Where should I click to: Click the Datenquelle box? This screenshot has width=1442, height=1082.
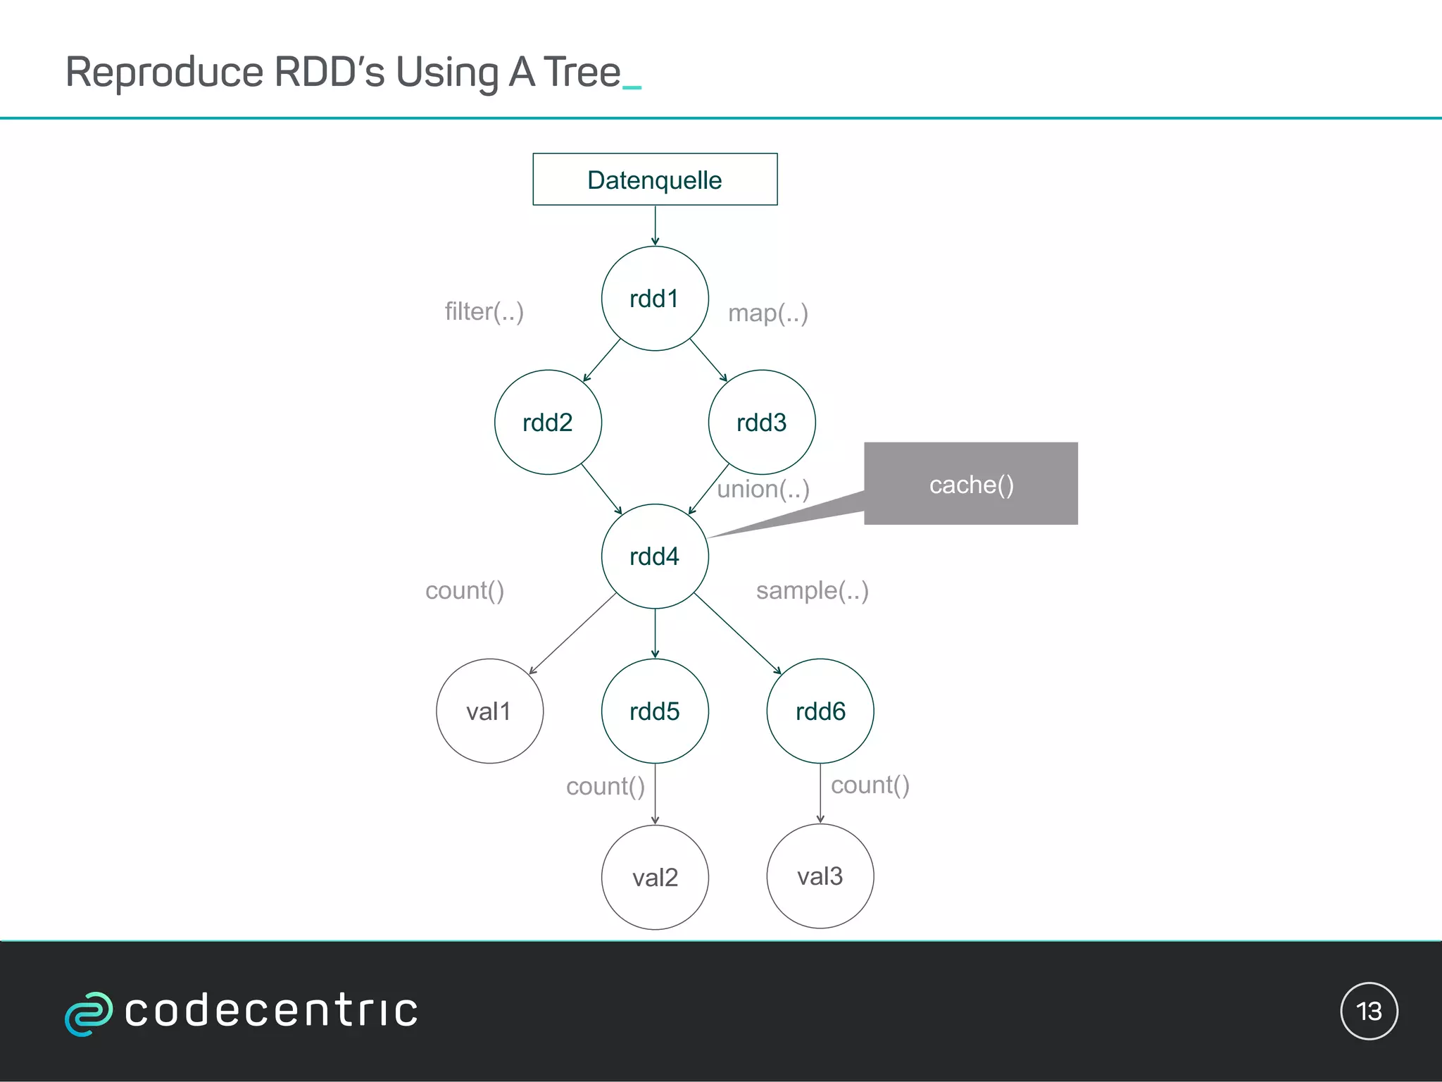(655, 179)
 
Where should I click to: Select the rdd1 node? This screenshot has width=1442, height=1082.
(655, 298)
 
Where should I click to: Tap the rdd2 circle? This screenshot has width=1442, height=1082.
(548, 422)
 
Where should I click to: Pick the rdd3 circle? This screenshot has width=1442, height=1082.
(762, 422)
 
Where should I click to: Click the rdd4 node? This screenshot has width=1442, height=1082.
(655, 556)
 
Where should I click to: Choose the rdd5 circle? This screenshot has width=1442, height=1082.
(655, 711)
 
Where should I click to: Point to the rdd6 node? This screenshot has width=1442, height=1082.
(820, 711)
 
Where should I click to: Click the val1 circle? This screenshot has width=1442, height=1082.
(489, 711)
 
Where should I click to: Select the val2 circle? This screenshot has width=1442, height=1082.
(655, 877)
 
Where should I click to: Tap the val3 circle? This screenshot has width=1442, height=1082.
(820, 876)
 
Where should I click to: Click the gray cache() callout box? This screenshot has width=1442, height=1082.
(971, 484)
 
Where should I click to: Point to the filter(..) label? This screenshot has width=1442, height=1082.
(484, 311)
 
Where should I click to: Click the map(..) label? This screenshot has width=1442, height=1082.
(768, 313)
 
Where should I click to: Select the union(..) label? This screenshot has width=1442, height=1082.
(763, 489)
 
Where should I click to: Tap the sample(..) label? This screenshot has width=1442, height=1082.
(813, 590)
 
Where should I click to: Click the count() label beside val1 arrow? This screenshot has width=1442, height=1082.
(465, 590)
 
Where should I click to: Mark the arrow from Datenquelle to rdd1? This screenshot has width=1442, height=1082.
(655, 225)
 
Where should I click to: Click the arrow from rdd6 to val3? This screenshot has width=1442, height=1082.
(820, 793)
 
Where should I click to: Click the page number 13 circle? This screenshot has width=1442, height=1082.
(1369, 1011)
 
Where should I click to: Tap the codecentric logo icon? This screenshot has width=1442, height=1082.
(88, 1013)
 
